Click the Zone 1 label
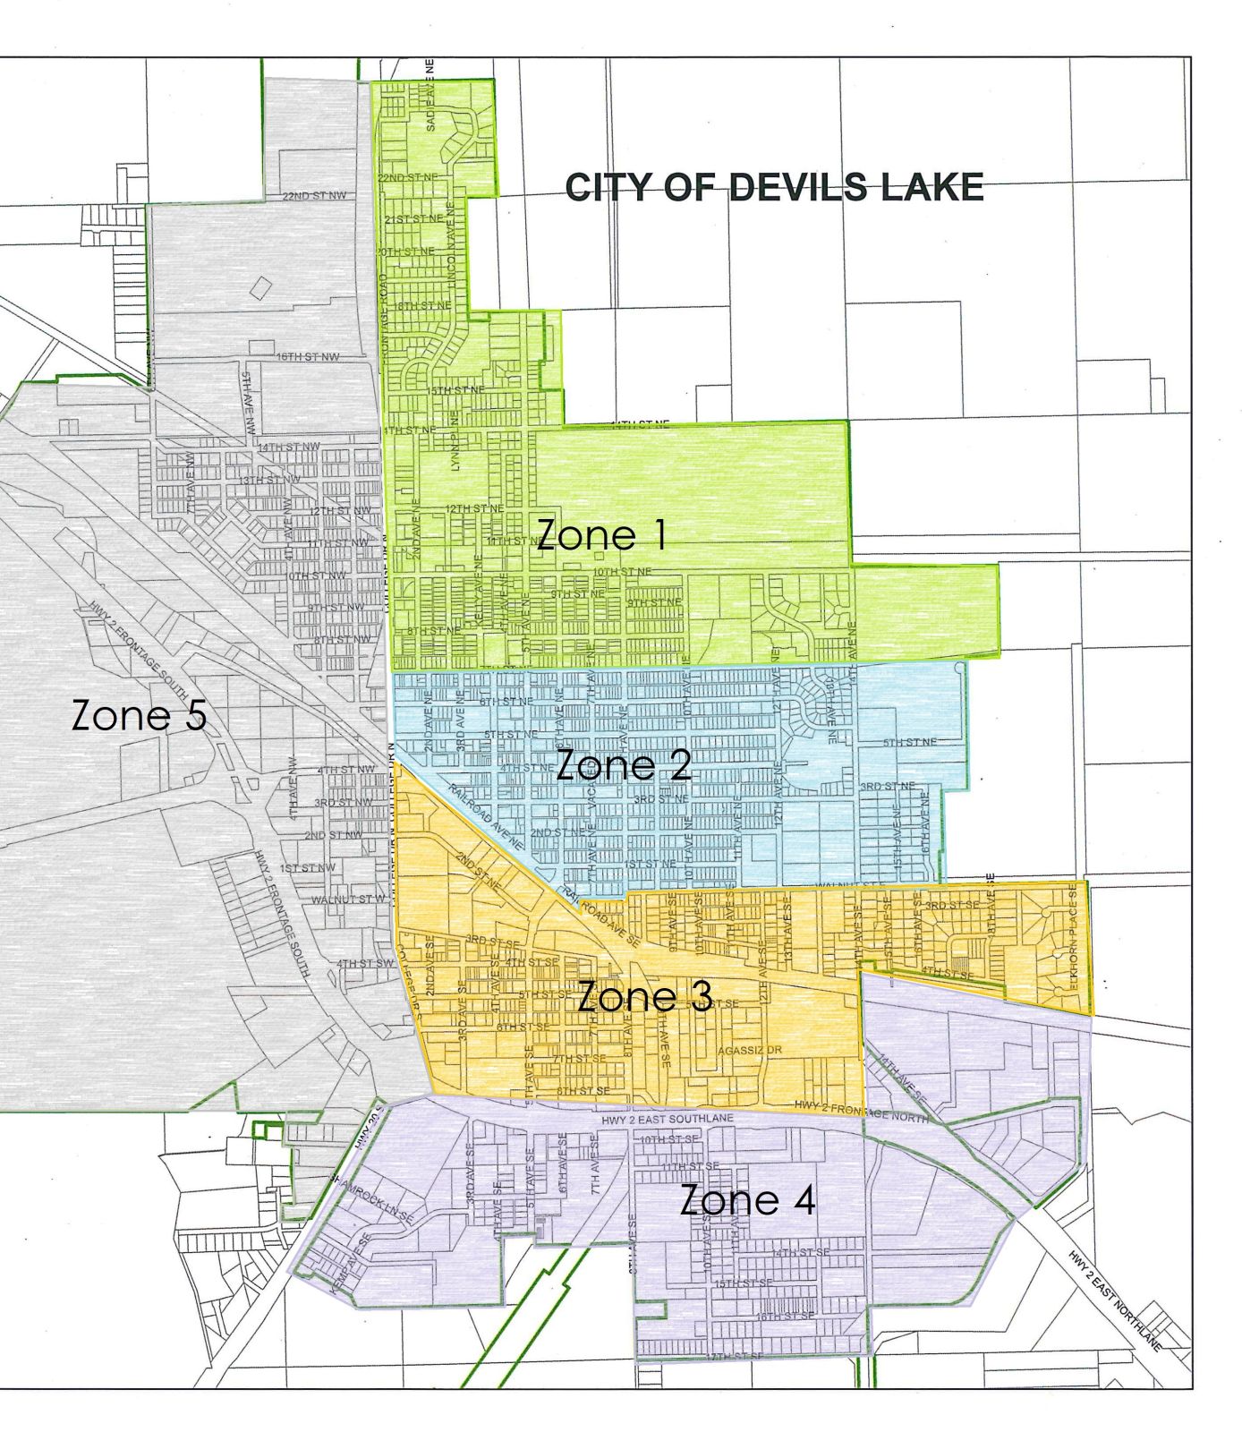(601, 535)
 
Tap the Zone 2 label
(623, 766)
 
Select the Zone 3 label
(644, 997)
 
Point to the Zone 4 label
(747, 1200)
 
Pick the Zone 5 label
(139, 716)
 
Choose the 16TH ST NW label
(308, 357)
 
